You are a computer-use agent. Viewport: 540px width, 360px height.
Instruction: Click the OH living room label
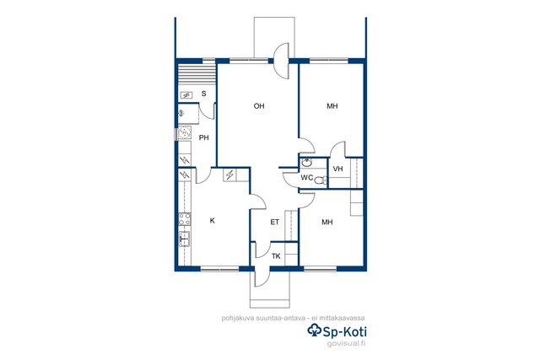pyautogui.click(x=259, y=106)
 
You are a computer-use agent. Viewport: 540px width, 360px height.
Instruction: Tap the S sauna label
pyautogui.click(x=204, y=94)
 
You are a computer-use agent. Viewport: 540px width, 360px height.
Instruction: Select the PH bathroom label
pyautogui.click(x=204, y=137)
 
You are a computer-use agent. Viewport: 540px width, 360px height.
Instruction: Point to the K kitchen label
pyautogui.click(x=212, y=221)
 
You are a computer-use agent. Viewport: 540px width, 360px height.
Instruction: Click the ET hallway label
pyautogui.click(x=274, y=222)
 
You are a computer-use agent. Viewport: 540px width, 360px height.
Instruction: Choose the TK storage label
pyautogui.click(x=276, y=256)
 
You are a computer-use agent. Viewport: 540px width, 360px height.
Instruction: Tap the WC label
pyautogui.click(x=307, y=178)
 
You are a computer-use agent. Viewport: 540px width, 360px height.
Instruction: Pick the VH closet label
pyautogui.click(x=337, y=169)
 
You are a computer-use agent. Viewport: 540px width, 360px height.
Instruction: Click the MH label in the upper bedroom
pyautogui.click(x=332, y=106)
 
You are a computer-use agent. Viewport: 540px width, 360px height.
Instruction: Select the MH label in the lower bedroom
pyautogui.click(x=327, y=222)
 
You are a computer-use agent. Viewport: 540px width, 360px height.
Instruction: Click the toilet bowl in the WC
pyautogui.click(x=321, y=180)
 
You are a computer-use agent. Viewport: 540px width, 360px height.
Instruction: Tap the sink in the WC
pyautogui.click(x=306, y=162)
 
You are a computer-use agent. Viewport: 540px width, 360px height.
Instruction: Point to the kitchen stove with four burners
pyautogui.click(x=185, y=219)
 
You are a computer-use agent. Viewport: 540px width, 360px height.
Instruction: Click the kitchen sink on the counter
pyautogui.click(x=185, y=239)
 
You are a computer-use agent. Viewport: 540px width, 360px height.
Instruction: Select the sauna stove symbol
pyautogui.click(x=186, y=95)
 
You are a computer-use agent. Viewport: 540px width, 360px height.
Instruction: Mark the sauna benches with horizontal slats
pyautogui.click(x=197, y=74)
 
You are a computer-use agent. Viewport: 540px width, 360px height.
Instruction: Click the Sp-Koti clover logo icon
pyautogui.click(x=314, y=330)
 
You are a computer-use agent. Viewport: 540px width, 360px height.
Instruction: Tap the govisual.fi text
pyautogui.click(x=346, y=343)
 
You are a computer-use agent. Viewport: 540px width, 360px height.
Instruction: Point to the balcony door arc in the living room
pyautogui.click(x=282, y=61)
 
